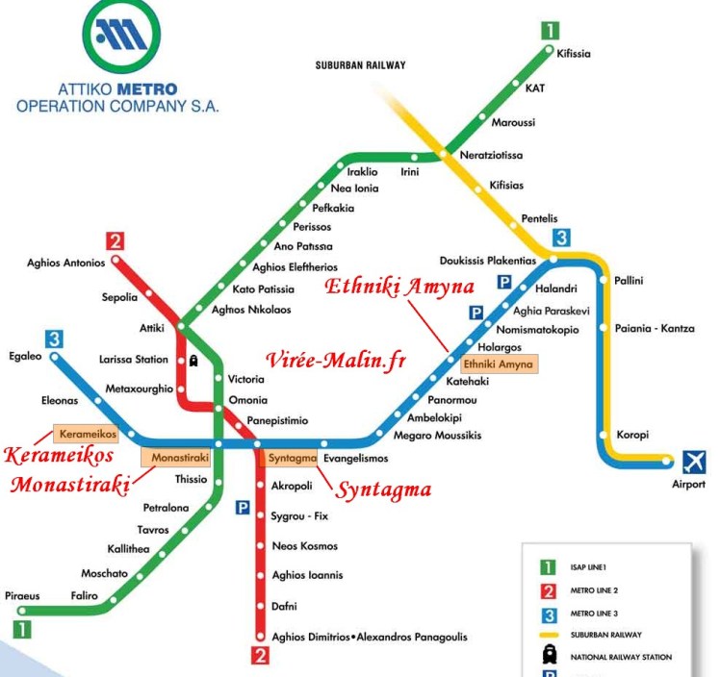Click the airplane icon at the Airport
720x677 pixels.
(693, 461)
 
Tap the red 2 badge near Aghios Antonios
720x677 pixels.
(116, 241)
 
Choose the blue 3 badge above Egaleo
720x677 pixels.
(54, 338)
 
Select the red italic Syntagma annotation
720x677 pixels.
(382, 489)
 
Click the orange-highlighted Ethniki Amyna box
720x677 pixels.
(498, 364)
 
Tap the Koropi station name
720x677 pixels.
(632, 435)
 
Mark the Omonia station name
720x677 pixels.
(247, 400)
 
